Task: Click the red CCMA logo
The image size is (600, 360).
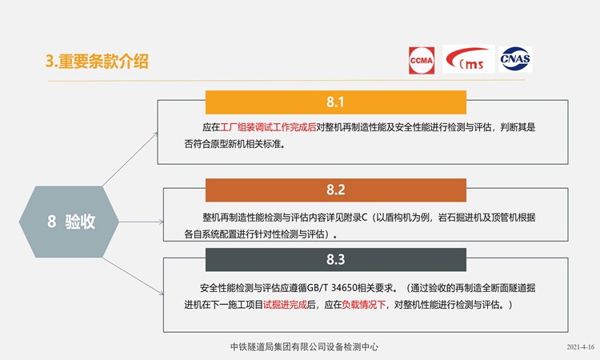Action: pos(422,60)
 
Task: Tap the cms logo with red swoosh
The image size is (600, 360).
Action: pos(468,58)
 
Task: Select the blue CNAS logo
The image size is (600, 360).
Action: pos(515,59)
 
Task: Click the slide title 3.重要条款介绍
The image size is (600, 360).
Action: pos(97,62)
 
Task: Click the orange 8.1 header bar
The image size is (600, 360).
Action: pos(335,102)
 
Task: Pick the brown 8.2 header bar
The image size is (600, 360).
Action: pos(335,190)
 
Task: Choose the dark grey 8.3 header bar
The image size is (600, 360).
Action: pos(335,259)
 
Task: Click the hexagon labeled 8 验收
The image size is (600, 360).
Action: pos(69,222)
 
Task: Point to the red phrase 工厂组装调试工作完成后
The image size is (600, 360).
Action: pos(268,127)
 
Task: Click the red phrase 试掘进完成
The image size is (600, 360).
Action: pos(285,305)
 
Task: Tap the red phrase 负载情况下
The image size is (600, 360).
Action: pos(363,305)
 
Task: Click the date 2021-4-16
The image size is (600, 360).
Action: pos(581,347)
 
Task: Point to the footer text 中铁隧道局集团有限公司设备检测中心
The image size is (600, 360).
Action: pos(304,346)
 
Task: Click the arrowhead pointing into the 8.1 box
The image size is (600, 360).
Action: pos(156,134)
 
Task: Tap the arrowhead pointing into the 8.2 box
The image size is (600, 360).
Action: pos(162,222)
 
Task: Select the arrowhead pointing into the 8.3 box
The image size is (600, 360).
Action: pos(162,293)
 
